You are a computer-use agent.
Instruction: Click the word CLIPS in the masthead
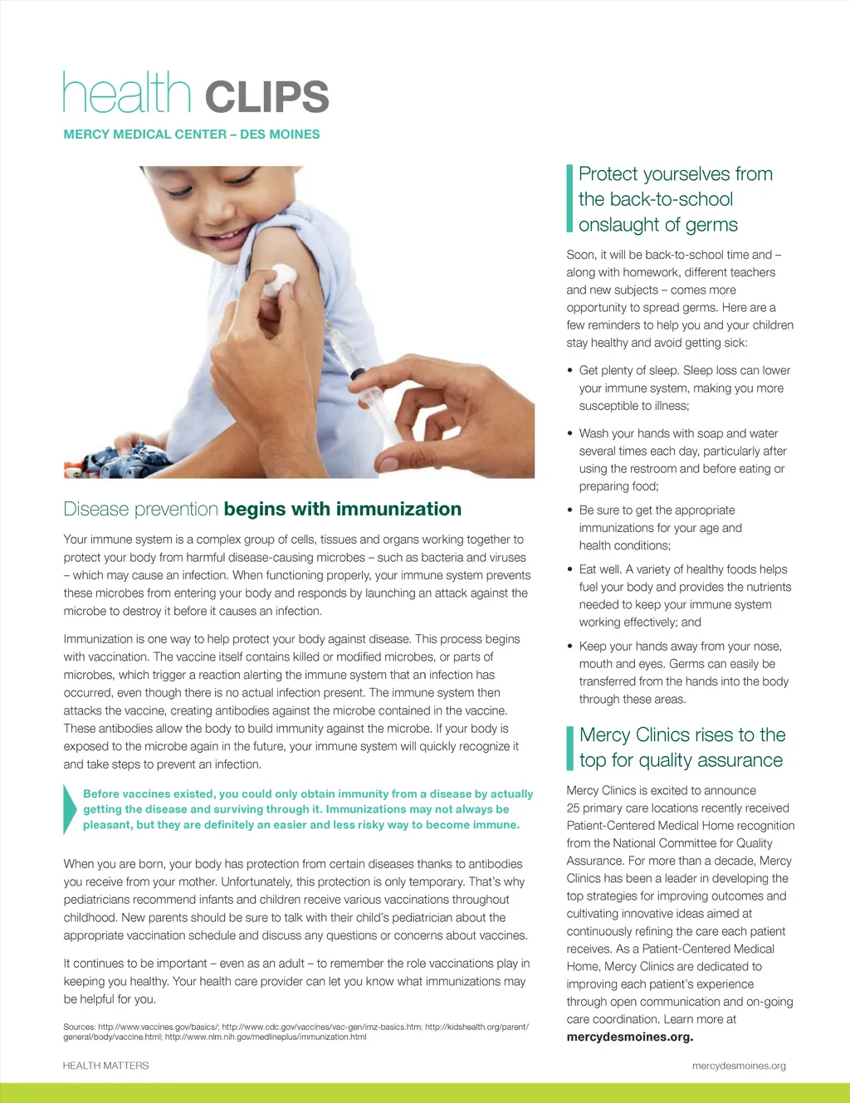pos(266,97)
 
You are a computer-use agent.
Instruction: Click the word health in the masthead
pos(127,93)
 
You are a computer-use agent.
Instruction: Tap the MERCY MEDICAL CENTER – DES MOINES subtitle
pos(192,134)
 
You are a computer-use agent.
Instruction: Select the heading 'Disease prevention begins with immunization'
pos(262,509)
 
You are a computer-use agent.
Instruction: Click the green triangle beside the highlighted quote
pos(70,808)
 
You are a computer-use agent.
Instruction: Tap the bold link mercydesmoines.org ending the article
pos(629,1037)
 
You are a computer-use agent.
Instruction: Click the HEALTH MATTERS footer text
pos(106,1066)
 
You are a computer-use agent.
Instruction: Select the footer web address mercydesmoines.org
pos(739,1066)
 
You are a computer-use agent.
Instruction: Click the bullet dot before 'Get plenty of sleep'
pos(570,371)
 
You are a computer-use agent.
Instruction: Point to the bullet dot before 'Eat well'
pos(570,569)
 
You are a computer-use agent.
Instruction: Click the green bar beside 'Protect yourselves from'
pos(569,198)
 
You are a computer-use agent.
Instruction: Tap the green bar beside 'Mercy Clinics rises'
pos(569,748)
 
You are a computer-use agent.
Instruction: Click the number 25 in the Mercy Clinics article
pos(574,808)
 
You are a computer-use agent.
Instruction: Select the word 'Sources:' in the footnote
pos(79,1027)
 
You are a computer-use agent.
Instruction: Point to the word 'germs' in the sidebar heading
pos(712,225)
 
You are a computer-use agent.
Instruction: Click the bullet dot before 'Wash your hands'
pos(570,433)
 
